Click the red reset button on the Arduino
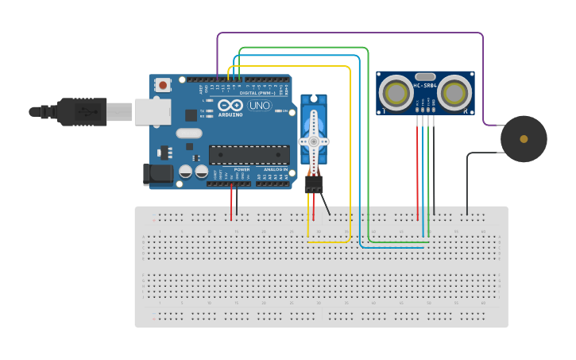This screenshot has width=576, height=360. (163, 84)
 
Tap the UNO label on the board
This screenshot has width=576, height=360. (260, 105)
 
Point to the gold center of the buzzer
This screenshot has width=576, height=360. (524, 139)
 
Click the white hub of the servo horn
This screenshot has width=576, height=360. (313, 141)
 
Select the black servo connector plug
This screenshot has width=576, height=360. (314, 184)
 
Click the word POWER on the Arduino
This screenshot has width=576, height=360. (242, 169)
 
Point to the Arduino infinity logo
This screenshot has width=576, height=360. (231, 105)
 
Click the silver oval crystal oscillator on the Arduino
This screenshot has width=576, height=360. (189, 133)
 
